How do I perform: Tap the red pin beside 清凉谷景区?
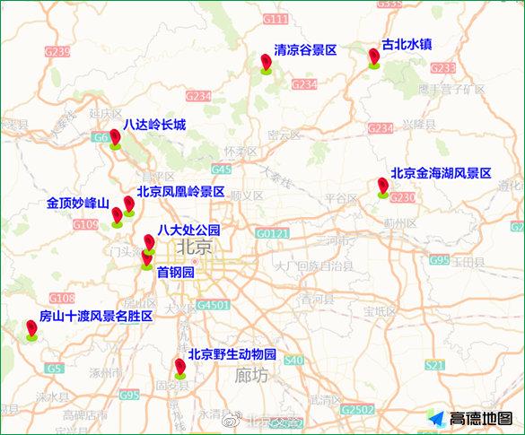click(x=266, y=63)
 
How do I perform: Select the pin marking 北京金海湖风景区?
click(x=383, y=187)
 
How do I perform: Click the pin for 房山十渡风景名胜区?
click(x=32, y=330)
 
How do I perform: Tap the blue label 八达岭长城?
click(x=154, y=125)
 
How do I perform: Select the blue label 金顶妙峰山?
click(x=77, y=204)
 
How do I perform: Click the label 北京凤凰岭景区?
click(x=180, y=191)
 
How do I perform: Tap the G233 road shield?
click(x=443, y=68)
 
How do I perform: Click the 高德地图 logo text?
click(x=481, y=419)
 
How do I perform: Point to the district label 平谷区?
click(x=341, y=197)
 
